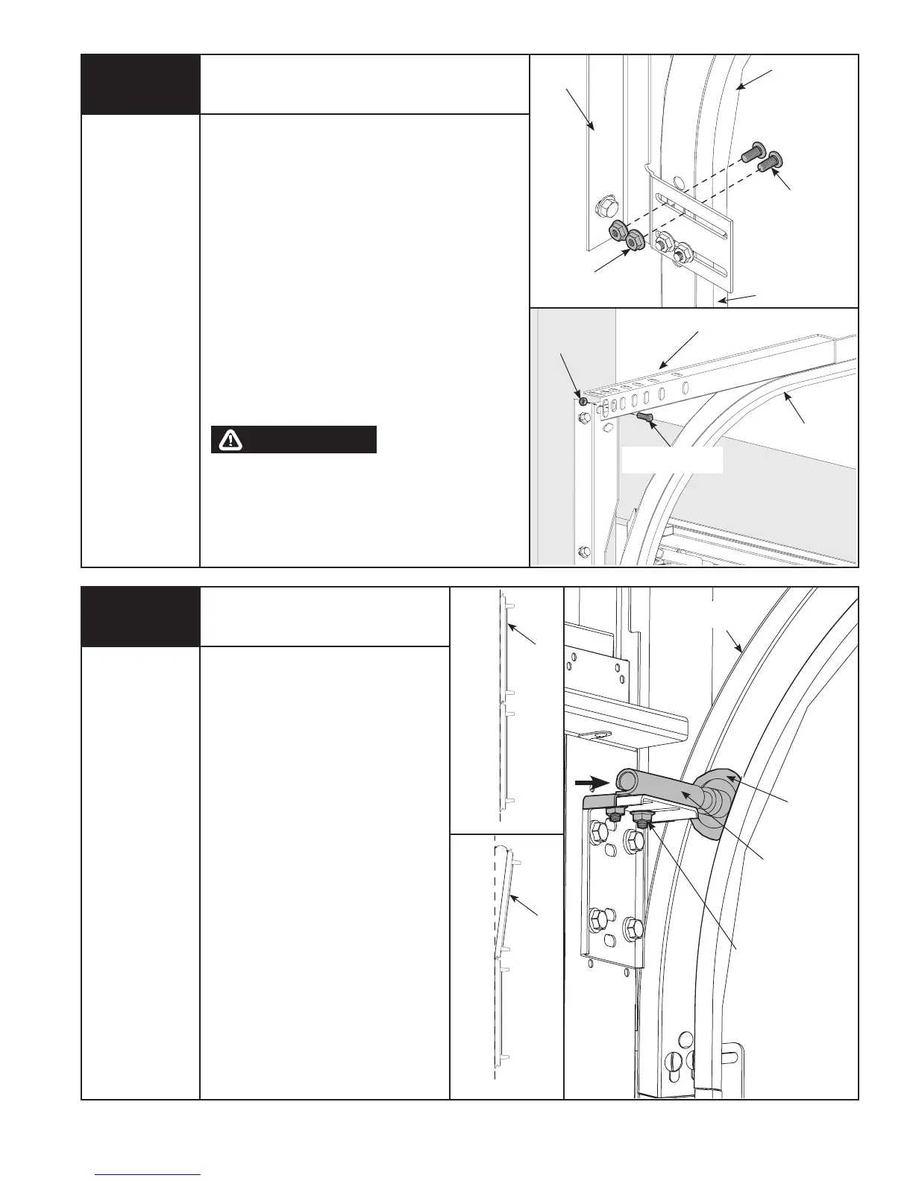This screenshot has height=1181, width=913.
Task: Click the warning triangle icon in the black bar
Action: pos(231,440)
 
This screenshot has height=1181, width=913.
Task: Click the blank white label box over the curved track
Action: pos(672,460)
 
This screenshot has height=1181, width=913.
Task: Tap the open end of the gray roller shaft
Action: pos(625,782)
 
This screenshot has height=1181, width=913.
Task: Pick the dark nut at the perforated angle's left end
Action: pos(583,402)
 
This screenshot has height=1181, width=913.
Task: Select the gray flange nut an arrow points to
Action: pos(635,241)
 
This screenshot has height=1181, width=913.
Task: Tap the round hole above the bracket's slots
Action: pos(678,180)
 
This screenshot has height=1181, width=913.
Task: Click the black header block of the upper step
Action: pos(140,84)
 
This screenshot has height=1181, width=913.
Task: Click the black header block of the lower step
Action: pos(140,617)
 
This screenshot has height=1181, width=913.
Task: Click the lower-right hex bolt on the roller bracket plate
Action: pos(633,928)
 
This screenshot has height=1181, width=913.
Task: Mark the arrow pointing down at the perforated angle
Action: pos(679,348)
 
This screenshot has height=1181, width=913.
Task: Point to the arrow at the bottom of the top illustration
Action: pos(738,298)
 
